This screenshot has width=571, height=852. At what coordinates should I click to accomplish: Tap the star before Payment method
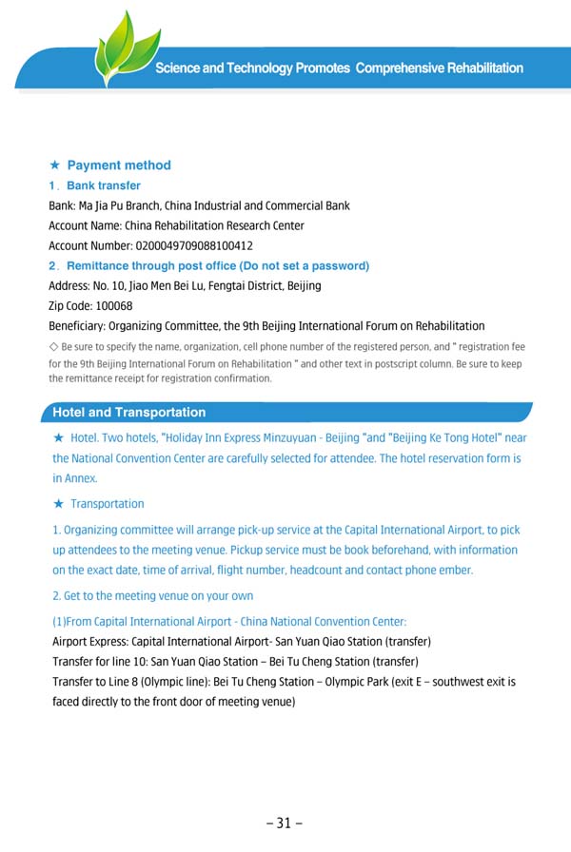pyautogui.click(x=55, y=165)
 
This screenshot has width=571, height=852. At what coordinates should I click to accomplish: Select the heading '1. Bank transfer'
pyautogui.click(x=94, y=185)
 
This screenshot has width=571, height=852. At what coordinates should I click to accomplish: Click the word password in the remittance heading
pyautogui.click(x=339, y=266)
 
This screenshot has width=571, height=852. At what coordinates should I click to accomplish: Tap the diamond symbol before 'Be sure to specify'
pyautogui.click(x=53, y=347)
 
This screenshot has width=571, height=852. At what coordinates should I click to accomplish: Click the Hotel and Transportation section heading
pyautogui.click(x=128, y=413)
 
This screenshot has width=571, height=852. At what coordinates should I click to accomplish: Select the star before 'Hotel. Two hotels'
pyautogui.click(x=59, y=438)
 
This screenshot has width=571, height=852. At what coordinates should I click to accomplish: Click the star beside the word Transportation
pyautogui.click(x=59, y=504)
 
